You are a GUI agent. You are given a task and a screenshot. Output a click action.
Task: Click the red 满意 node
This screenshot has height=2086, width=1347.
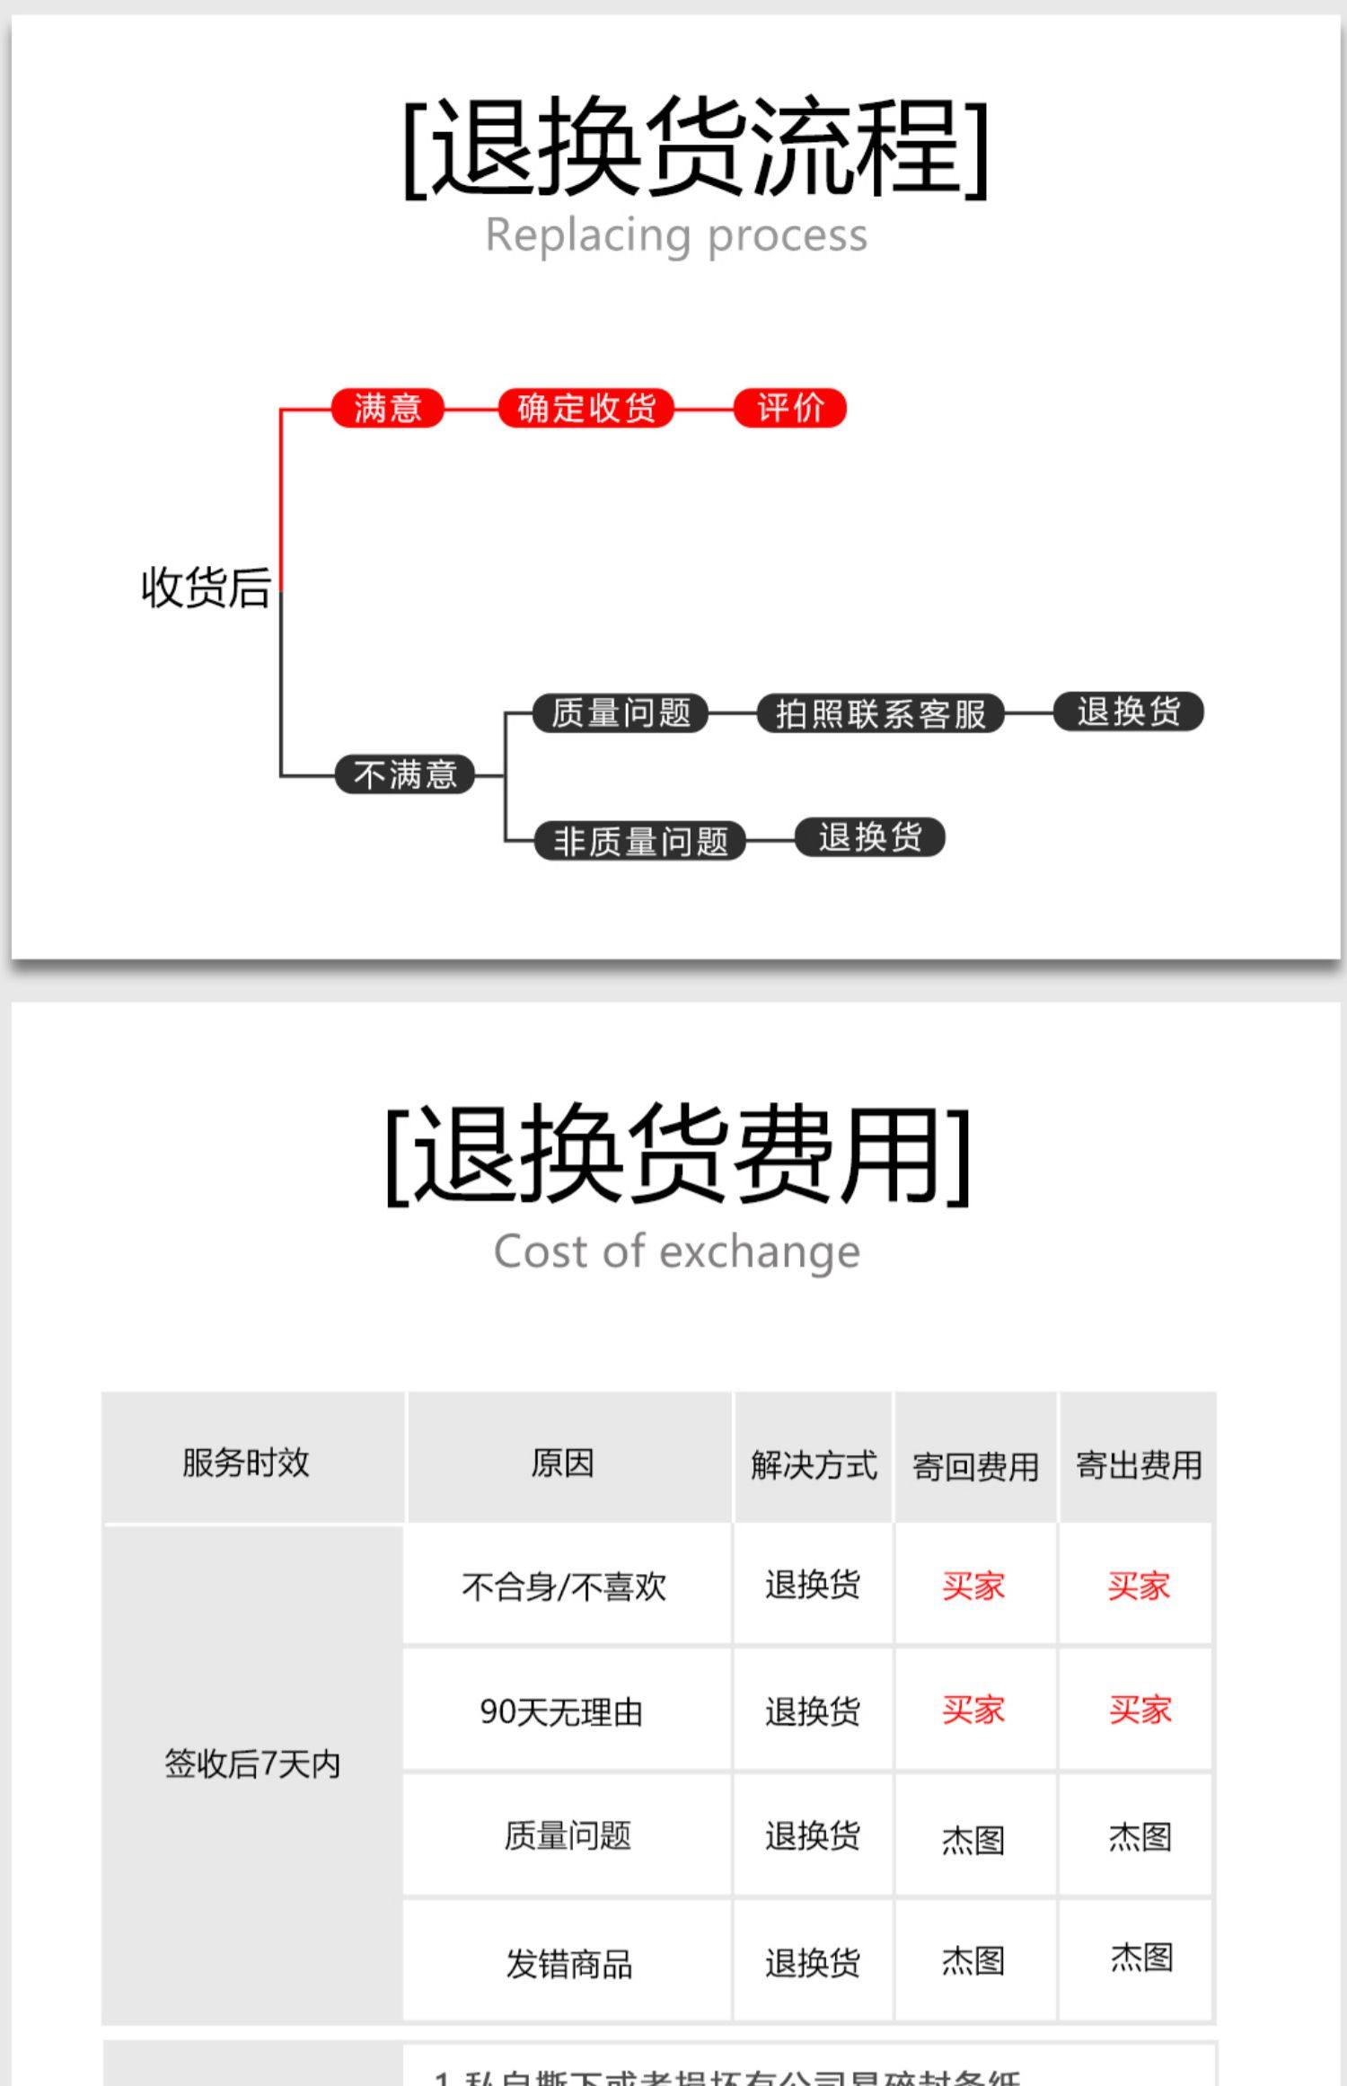(388, 408)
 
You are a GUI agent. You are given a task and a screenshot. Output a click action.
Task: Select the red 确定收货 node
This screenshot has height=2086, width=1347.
(586, 408)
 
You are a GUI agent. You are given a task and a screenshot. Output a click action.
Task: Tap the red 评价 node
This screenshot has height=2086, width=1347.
(790, 408)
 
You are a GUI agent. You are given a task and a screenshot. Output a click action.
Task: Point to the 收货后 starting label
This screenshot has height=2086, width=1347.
(206, 588)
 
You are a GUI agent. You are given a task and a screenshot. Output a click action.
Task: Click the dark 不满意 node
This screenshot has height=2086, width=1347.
(405, 774)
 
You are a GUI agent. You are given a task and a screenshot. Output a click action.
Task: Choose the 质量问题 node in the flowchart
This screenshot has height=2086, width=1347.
(621, 713)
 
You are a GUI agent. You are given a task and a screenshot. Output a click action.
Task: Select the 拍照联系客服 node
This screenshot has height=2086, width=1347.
(881, 714)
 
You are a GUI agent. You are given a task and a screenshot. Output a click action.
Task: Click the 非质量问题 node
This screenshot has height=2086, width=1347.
(640, 842)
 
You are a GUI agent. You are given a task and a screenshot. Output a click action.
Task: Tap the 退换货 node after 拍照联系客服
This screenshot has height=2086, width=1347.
(1129, 712)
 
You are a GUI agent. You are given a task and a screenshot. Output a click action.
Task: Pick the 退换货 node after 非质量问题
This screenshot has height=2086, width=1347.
(870, 837)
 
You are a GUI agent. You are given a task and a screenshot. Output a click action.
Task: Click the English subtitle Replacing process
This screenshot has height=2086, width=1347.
(676, 235)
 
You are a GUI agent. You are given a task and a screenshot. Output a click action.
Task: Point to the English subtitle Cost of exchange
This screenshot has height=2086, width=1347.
(676, 1251)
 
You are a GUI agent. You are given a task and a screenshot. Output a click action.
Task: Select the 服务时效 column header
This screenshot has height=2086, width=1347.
(246, 1463)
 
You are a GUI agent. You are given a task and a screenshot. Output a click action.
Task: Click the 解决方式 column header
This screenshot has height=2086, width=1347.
(814, 1465)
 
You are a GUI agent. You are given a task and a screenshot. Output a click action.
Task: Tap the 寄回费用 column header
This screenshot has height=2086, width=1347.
(975, 1467)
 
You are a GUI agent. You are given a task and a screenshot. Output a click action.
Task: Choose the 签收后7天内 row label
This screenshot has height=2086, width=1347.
(252, 1764)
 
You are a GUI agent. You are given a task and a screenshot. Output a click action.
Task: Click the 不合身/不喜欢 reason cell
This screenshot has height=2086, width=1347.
(564, 1587)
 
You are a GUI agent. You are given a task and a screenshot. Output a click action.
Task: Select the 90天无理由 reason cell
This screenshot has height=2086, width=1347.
(561, 1711)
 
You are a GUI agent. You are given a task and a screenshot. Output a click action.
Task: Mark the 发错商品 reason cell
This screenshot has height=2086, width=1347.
(568, 1964)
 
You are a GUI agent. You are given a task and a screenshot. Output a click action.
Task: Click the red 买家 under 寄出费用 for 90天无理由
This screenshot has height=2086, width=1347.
(1140, 1710)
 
